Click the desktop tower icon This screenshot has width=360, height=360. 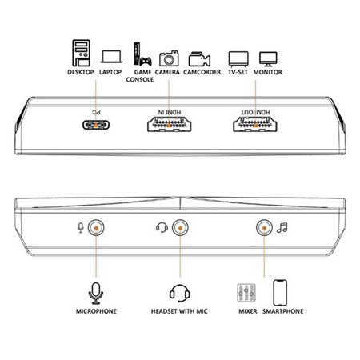pos(81,53)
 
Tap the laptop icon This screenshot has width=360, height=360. pos(111,57)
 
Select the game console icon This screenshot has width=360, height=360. pos(142,54)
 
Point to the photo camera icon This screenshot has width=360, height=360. pos(169,58)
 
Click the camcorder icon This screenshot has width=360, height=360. pos(199,59)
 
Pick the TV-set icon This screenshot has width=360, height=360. pos(238,59)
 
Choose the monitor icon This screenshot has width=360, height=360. pos(268,59)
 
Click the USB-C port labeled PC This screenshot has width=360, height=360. pos(96,125)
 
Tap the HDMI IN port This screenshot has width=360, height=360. pos(169,124)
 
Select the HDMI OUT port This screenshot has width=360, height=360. pos(255,124)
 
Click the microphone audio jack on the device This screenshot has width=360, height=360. pos(96,228)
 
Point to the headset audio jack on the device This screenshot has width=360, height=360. pos(180,228)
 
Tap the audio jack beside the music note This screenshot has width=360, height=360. pos(264,228)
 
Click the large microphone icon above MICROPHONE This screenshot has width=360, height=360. pos(96,293)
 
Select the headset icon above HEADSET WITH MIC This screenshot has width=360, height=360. pos(180,293)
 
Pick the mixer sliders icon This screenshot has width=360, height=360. pos(246,293)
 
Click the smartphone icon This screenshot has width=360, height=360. pos(280,293)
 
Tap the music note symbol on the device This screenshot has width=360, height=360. pos(282,228)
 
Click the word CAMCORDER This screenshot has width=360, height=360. pos(202,72)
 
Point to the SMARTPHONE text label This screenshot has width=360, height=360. pos(283,311)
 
